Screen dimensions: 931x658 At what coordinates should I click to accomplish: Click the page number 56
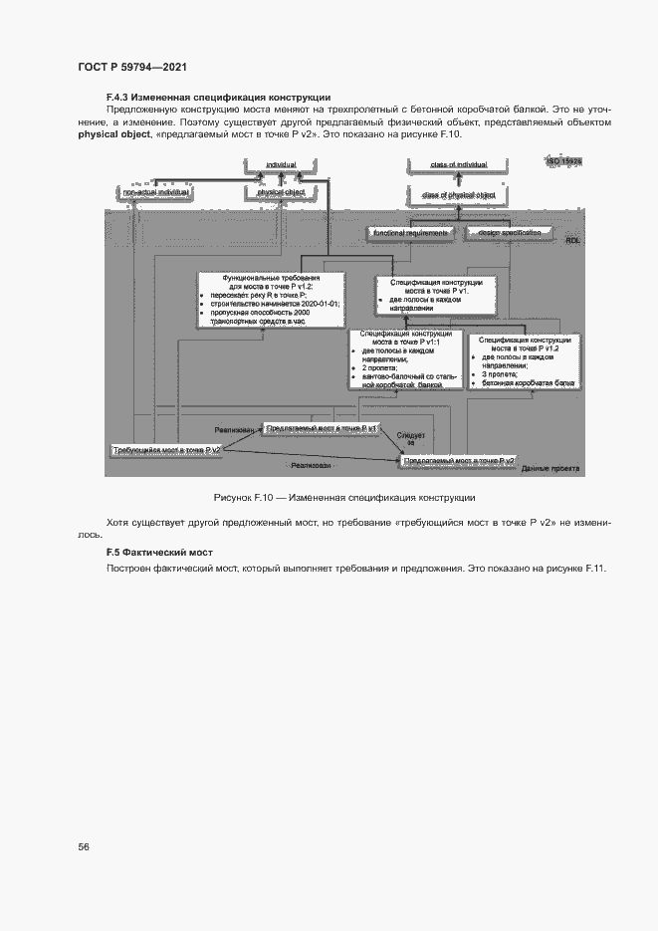click(84, 846)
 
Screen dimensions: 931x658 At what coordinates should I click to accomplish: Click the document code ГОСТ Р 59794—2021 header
click(132, 67)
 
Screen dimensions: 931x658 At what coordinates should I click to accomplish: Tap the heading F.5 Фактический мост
click(160, 552)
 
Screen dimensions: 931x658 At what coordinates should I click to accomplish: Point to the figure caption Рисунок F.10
click(343, 496)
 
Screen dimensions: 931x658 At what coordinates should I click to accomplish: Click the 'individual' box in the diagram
click(281, 164)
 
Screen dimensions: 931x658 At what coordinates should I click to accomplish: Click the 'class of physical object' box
click(458, 195)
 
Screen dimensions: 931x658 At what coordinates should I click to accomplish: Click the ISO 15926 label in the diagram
click(563, 160)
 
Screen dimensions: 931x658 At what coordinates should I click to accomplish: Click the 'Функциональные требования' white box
click(271, 299)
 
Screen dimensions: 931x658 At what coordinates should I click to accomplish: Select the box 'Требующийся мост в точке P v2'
click(166, 450)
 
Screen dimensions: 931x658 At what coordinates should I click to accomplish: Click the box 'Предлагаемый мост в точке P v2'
click(459, 461)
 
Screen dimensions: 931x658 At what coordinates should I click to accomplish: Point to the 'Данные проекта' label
click(551, 468)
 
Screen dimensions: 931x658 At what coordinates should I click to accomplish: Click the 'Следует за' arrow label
click(410, 440)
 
